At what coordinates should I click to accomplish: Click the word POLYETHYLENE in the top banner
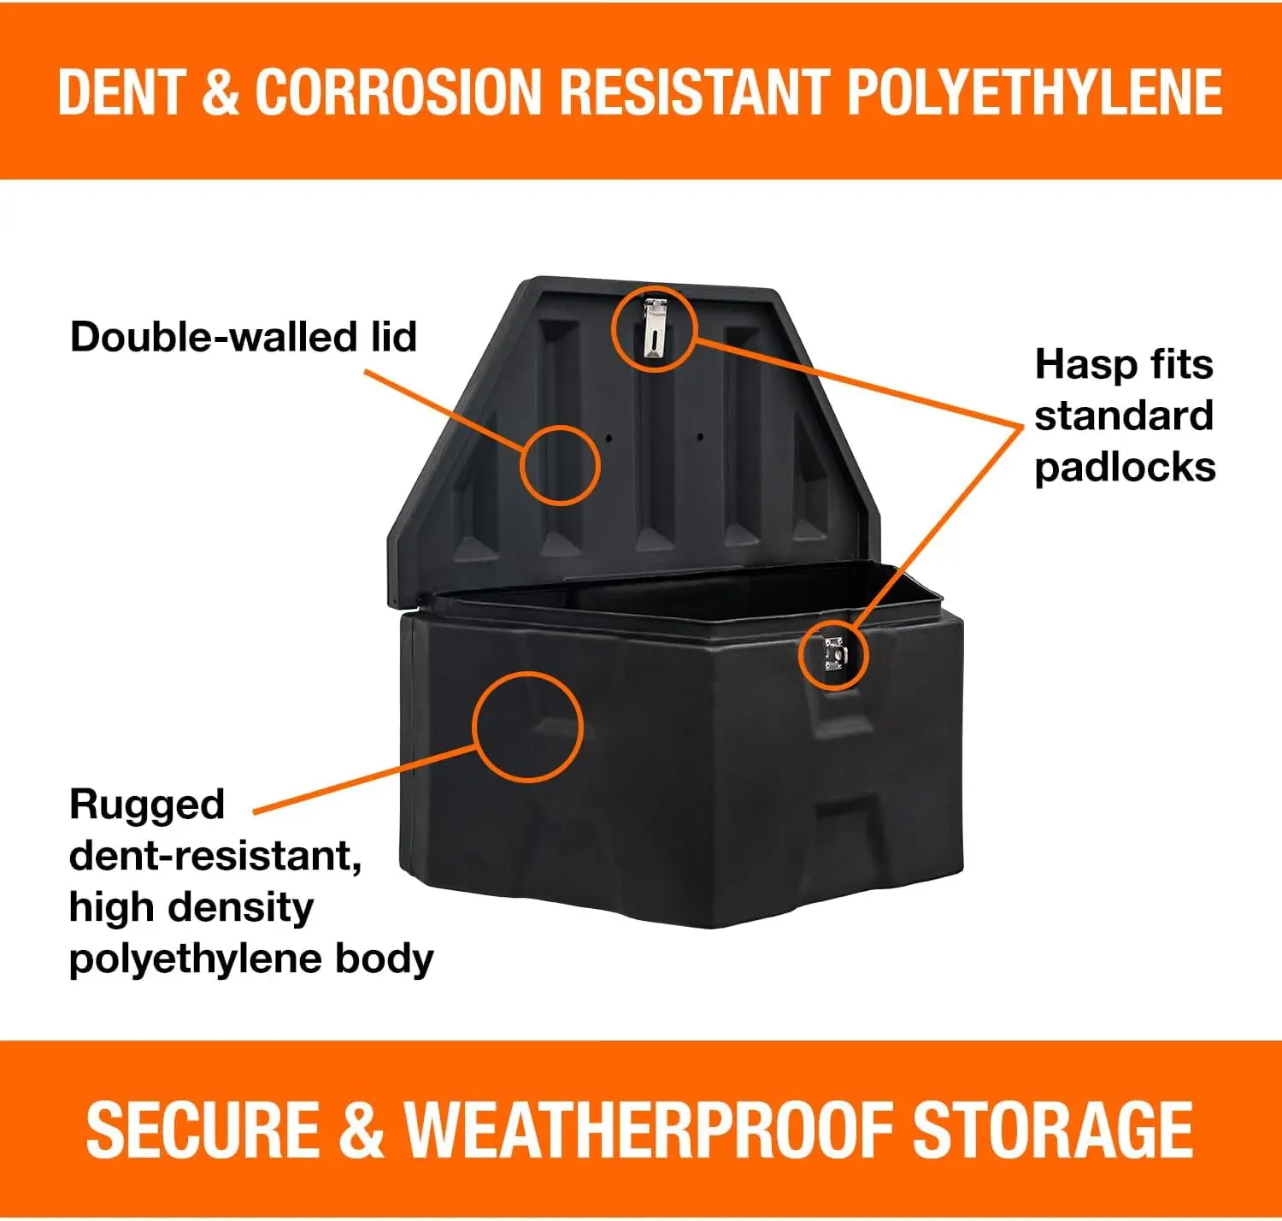pos(1035,91)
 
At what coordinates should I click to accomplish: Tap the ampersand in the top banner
pos(221,91)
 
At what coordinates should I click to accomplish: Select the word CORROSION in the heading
pos(398,91)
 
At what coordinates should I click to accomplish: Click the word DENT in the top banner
pos(121,91)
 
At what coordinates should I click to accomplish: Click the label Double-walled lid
pos(244,337)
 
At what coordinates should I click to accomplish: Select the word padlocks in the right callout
pos(1125,468)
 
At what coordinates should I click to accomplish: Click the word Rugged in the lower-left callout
pos(146,805)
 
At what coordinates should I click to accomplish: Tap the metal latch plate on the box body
pos(833,654)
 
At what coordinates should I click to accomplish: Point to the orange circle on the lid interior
pos(560,464)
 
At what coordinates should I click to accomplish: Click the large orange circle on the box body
pos(527,726)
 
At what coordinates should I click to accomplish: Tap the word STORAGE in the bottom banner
pos(1053,1130)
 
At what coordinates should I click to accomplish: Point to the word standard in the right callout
pos(1124,416)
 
